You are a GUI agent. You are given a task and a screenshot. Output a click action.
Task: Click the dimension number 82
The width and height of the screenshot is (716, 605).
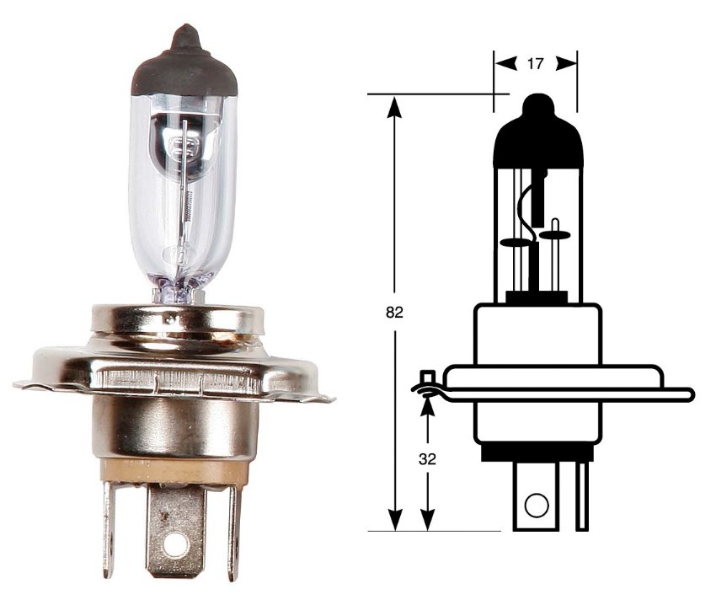click(x=393, y=313)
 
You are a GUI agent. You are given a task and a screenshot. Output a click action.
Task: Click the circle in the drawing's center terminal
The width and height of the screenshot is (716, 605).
click(x=535, y=506)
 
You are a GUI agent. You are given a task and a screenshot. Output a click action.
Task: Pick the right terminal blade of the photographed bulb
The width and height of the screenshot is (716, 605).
click(x=234, y=531)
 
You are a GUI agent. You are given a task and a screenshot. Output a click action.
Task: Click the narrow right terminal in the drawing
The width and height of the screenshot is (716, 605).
click(x=581, y=497)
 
